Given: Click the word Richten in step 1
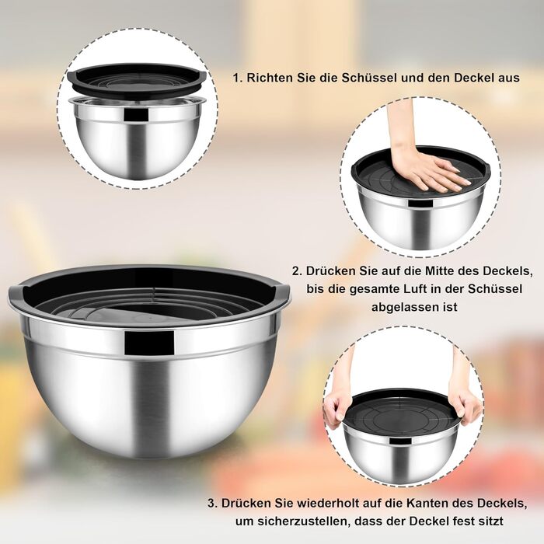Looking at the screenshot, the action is click(x=270, y=78).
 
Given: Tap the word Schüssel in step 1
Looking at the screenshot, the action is click(x=369, y=78).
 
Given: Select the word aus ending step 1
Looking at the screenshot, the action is click(x=509, y=78).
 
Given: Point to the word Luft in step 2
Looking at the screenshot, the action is click(x=396, y=288).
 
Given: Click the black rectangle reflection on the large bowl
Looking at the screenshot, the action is click(x=149, y=343).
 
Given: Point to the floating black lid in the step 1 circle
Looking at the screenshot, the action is click(x=138, y=80).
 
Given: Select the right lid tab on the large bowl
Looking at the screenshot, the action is click(x=281, y=291).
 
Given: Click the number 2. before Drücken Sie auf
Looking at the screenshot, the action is click(x=297, y=271).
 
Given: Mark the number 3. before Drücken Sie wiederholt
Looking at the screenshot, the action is click(x=213, y=503).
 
